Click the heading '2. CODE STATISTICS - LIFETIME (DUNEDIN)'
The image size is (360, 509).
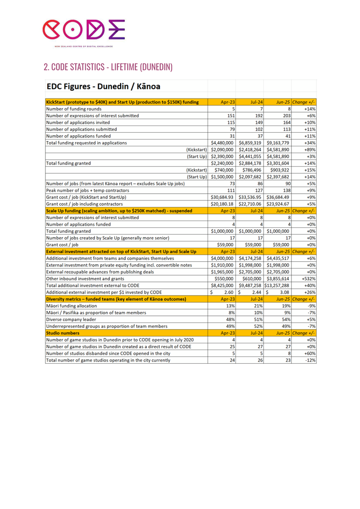(x=108, y=67)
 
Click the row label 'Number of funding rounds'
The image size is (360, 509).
(x=75, y=109)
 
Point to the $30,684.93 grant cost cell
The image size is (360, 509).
(x=222, y=197)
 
